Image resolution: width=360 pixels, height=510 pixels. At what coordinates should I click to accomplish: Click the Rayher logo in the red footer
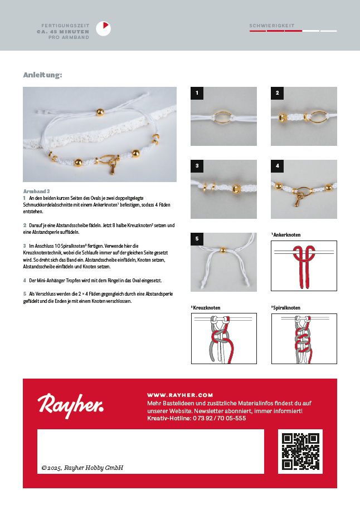(70, 403)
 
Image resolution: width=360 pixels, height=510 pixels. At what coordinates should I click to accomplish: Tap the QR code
(300, 452)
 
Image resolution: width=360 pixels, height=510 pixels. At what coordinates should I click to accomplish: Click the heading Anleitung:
(42, 75)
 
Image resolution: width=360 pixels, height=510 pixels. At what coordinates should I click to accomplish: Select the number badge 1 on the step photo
(196, 93)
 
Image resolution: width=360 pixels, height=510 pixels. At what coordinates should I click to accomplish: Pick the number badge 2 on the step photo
(276, 93)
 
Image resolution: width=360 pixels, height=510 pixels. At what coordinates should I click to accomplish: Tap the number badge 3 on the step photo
(196, 166)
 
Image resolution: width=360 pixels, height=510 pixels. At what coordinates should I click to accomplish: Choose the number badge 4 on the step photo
(276, 166)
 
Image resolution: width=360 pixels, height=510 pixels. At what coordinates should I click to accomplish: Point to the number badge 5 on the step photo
(196, 239)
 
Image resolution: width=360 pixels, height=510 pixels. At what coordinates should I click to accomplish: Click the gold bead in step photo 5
(222, 251)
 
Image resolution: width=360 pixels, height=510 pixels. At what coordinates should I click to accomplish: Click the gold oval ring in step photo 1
(223, 116)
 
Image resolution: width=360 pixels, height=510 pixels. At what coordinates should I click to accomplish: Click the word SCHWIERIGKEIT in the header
(272, 26)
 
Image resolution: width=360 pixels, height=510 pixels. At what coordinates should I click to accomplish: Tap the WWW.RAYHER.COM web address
(180, 394)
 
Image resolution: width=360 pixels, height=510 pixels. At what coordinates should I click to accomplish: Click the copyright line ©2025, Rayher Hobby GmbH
(82, 468)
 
